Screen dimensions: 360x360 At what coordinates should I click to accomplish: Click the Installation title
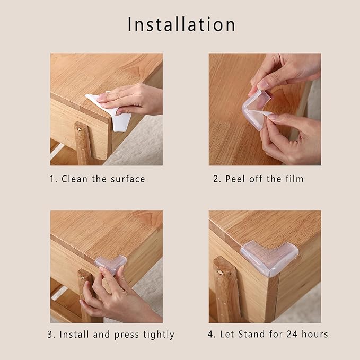pyautogui.click(x=181, y=24)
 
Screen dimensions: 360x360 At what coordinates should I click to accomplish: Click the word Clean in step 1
pyautogui.click(x=74, y=179)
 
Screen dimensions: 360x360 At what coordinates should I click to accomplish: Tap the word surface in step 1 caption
pyautogui.click(x=127, y=179)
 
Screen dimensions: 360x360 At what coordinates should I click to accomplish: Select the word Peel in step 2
pyautogui.click(x=235, y=179)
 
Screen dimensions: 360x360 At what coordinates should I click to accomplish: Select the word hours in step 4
pyautogui.click(x=315, y=334)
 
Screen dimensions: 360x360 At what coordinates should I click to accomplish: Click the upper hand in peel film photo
pyautogui.click(x=284, y=72)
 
